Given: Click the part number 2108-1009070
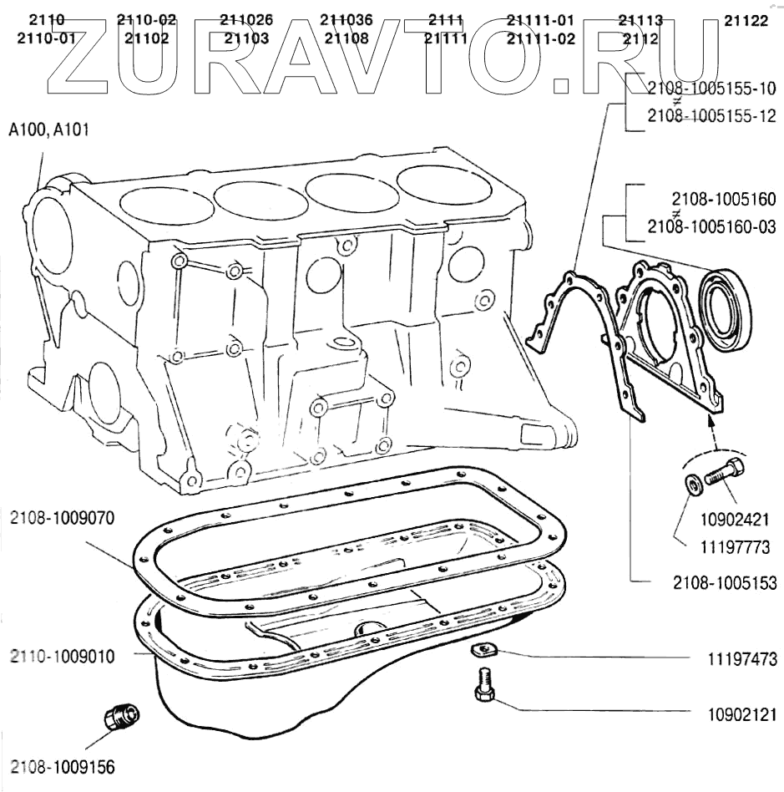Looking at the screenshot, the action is [62, 518].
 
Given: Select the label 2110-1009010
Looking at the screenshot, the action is [62, 657].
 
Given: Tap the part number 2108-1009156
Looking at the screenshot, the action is [63, 767].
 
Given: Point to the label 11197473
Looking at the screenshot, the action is [742, 659].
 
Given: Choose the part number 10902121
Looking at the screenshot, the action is [742, 714].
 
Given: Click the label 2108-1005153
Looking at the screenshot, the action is [725, 583].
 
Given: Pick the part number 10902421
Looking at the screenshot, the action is [735, 520].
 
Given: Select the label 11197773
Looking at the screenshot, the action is [735, 547].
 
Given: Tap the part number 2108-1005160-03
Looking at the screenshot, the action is [712, 226].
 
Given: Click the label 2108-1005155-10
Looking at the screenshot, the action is [712, 89].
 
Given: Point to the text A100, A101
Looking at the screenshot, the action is [49, 129].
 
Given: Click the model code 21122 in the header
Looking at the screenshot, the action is [746, 21].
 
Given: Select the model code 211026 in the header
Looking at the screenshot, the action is [246, 20].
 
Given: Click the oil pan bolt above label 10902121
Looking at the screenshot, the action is [483, 684].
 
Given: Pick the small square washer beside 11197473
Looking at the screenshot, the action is [483, 649].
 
